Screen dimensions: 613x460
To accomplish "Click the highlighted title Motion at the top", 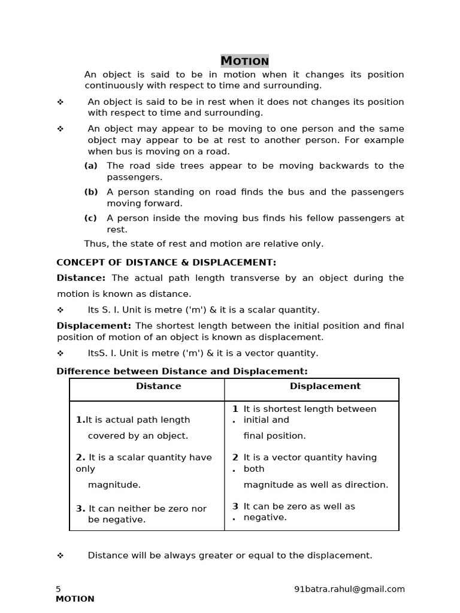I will click(244, 61).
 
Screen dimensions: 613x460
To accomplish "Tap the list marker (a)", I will click(90, 166).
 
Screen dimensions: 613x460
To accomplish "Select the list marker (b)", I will click(90, 192).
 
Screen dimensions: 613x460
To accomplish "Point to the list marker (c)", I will click(90, 219).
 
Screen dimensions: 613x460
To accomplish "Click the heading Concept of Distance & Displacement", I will click(166, 262).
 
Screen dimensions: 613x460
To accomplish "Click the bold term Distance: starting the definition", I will click(81, 278).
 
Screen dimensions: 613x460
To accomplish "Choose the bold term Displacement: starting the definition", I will click(94, 326).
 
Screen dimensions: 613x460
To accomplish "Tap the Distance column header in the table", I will click(158, 386).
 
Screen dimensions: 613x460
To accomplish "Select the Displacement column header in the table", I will click(325, 386).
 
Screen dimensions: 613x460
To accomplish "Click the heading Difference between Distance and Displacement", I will click(182, 371).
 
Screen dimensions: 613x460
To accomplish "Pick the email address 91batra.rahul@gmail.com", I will click(350, 589).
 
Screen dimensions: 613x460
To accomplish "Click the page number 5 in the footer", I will click(59, 589).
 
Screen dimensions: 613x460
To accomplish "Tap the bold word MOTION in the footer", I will click(75, 599).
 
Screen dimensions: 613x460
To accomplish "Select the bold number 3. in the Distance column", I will click(81, 508).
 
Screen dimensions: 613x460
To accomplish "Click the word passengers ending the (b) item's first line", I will click(377, 192).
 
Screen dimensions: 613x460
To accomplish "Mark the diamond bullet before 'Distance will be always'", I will click(60, 556).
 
